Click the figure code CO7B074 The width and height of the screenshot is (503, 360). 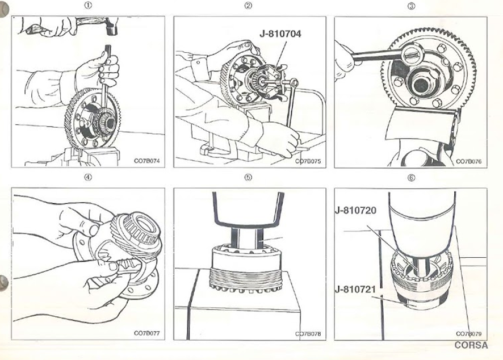[x=148, y=161]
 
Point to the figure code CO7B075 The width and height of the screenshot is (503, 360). [x=308, y=161]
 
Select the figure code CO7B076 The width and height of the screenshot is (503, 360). [x=469, y=161]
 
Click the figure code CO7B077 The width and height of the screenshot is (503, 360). [x=148, y=333]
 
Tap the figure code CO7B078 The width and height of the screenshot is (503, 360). [x=308, y=333]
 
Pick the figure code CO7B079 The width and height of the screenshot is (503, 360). [x=469, y=333]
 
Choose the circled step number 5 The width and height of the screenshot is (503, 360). [x=248, y=178]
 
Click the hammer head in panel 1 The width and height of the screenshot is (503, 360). [x=108, y=26]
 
